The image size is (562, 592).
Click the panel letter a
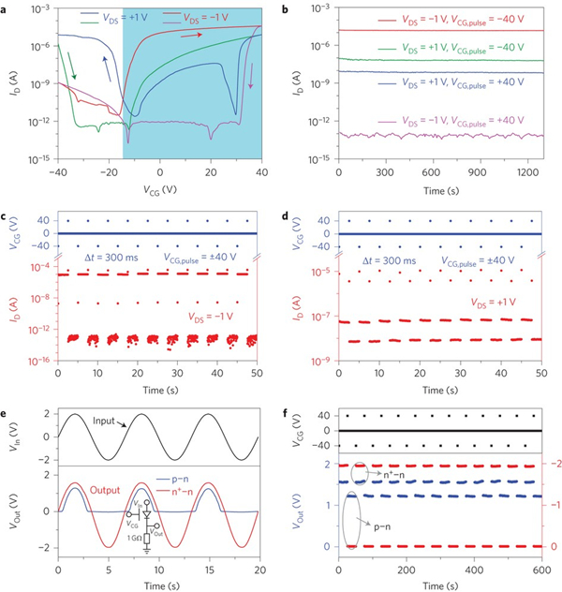7,8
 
